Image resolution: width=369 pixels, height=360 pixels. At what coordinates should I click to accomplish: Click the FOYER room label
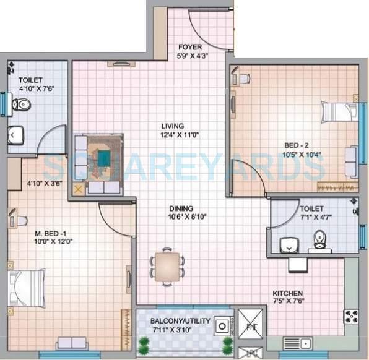189,47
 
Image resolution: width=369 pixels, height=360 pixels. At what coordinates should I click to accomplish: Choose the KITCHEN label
289,293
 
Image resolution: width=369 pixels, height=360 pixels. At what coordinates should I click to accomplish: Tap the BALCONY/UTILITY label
181,321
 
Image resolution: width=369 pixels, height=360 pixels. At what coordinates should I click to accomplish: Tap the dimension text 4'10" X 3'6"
46,183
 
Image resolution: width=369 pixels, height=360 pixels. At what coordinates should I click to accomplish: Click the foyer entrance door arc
207,30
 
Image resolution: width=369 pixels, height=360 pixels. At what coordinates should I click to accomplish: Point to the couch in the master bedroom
72,343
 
